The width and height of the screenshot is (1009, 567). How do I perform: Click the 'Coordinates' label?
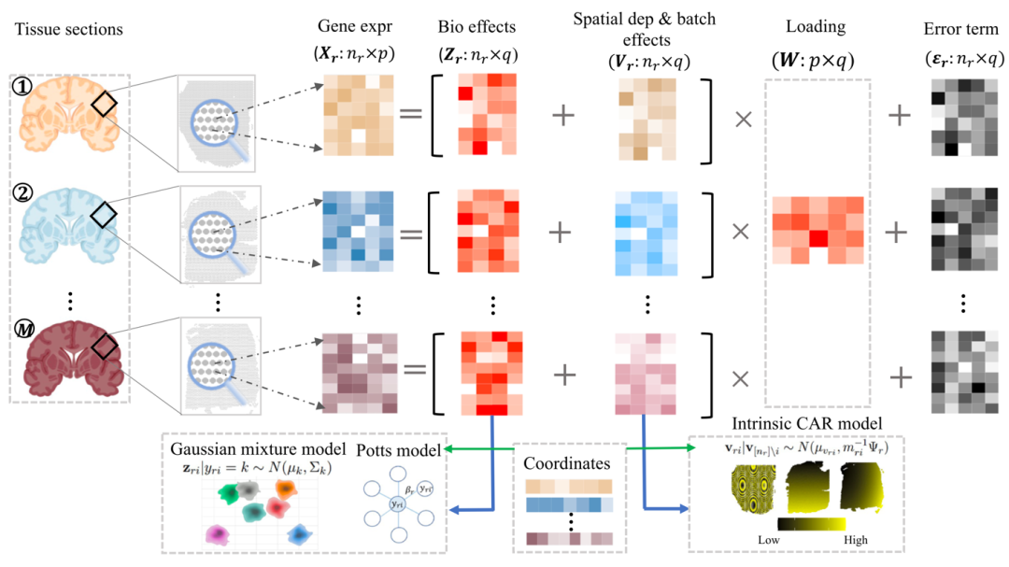click(568, 463)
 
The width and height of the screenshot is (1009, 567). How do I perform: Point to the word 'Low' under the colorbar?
click(769, 540)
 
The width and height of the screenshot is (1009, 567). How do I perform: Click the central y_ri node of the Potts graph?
click(397, 504)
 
